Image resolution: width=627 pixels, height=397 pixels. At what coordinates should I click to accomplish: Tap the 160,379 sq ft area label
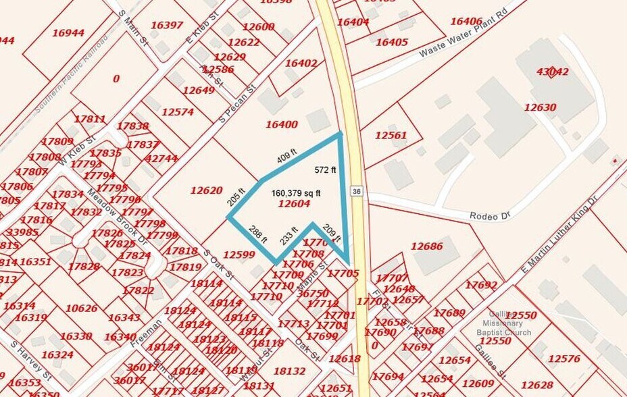[x=296, y=193]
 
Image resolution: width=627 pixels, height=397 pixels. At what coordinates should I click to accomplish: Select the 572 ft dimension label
[x=325, y=169]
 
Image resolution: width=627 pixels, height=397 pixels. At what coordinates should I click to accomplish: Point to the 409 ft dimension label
[x=287, y=159]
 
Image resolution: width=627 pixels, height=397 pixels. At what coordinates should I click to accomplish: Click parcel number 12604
[x=294, y=204]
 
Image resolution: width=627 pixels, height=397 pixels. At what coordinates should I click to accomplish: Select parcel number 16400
[x=281, y=124]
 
